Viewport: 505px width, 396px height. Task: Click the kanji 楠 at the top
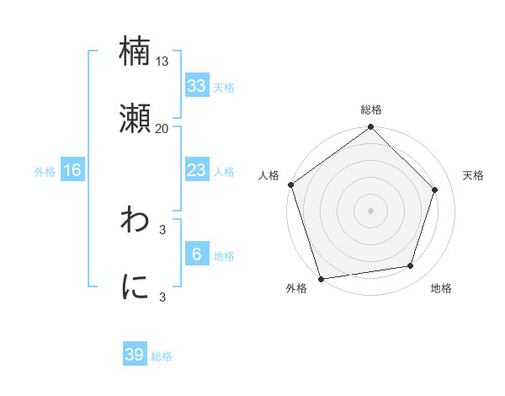(x=136, y=51)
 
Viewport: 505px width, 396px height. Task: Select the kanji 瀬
(x=136, y=119)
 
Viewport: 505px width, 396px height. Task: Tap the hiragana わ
(x=136, y=220)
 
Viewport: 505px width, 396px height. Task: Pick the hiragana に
(x=136, y=287)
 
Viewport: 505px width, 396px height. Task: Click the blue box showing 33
(x=196, y=85)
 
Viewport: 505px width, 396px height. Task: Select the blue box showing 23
(x=196, y=170)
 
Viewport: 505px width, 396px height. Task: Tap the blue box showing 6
(x=196, y=254)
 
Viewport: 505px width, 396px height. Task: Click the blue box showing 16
(x=72, y=170)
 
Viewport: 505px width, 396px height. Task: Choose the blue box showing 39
(x=135, y=355)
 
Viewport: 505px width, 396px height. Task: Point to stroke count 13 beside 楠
(x=162, y=61)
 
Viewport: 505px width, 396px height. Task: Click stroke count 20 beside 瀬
(x=162, y=128)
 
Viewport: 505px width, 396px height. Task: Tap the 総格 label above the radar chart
(x=371, y=110)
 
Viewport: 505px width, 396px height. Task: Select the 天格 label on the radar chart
(x=473, y=175)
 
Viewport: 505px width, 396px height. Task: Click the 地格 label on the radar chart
(x=441, y=288)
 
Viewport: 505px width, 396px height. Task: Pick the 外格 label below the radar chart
(x=296, y=288)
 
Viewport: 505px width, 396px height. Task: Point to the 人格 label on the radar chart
(x=268, y=175)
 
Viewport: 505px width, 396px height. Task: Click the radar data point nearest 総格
(x=371, y=128)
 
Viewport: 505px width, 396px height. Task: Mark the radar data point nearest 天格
(x=435, y=190)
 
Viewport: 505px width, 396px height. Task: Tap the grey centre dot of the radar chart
(x=371, y=210)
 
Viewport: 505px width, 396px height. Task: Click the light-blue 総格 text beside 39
(x=162, y=356)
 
